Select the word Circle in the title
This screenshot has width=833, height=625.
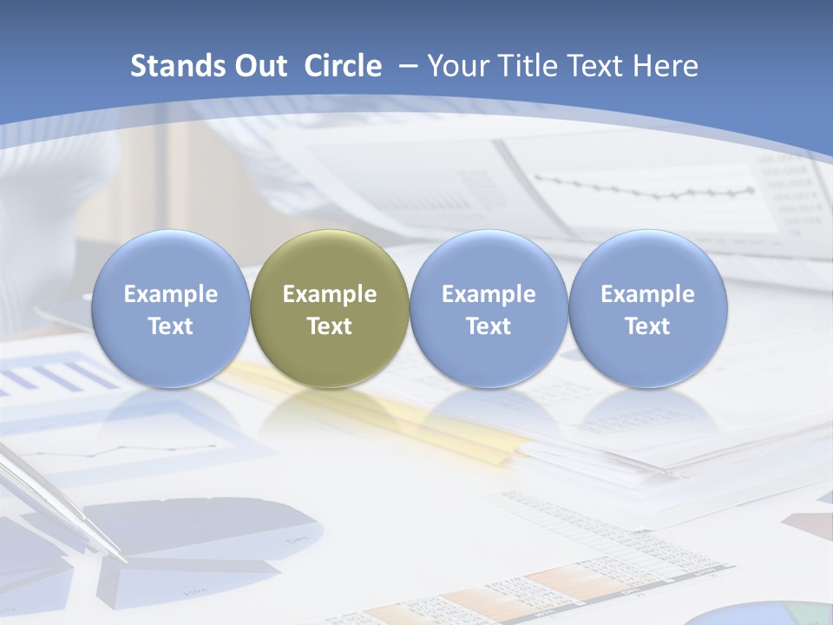[x=343, y=66]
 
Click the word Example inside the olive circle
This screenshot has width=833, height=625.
[x=330, y=294]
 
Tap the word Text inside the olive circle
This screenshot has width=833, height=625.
[x=330, y=326]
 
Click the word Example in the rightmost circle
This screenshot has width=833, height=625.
[x=647, y=294]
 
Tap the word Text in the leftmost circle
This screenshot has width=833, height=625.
[x=170, y=326]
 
